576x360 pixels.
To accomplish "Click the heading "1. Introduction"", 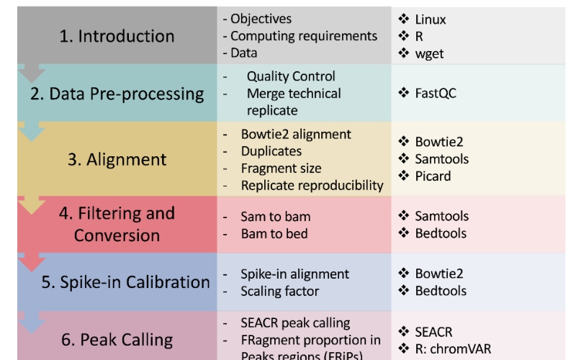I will tap(117, 36).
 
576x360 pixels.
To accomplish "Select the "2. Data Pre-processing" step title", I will tap(117, 94).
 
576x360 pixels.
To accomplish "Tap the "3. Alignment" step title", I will tap(117, 159).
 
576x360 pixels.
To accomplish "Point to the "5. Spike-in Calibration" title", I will tap(125, 282).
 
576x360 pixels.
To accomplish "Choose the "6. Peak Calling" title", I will tap(117, 339).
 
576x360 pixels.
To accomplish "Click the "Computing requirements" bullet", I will tap(303, 36).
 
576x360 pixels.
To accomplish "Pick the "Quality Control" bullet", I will tap(290, 76).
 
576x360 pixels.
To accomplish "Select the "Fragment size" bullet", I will tap(281, 168).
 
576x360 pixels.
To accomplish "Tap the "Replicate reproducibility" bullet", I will tap(312, 186).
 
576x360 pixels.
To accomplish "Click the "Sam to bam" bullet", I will tap(276, 216).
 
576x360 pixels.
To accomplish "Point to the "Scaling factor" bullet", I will tap(279, 291).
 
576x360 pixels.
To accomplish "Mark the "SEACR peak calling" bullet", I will tap(295, 323).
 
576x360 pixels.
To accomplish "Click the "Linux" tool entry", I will tap(430, 19).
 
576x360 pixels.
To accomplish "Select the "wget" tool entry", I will tap(430, 53).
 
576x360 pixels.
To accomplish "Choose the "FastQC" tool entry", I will tap(436, 94).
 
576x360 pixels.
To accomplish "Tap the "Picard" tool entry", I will tap(433, 176).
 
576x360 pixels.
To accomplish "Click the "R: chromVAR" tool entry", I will tap(453, 349).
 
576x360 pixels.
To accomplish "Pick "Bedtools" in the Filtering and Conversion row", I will tap(440, 233).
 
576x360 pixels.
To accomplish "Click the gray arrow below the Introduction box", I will tap(32, 73).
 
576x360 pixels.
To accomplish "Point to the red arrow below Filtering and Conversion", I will tap(32, 262).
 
